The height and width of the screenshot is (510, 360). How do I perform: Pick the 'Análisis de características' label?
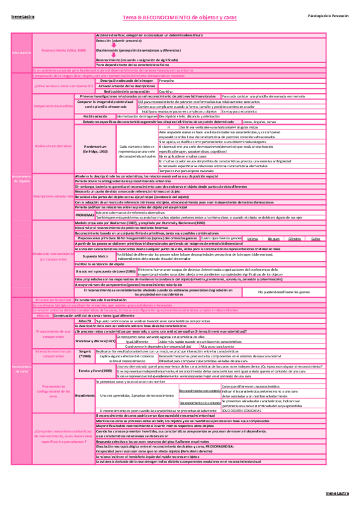[x=53, y=146]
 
